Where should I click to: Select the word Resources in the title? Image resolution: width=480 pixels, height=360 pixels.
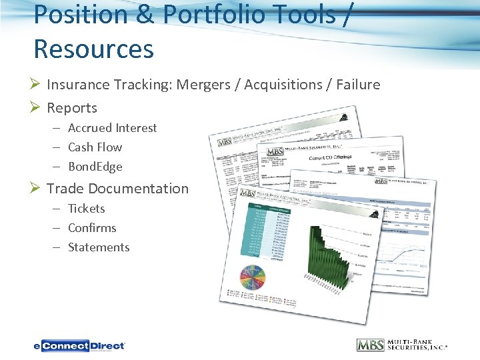click(x=93, y=49)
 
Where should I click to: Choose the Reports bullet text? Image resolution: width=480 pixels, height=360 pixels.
click(x=72, y=108)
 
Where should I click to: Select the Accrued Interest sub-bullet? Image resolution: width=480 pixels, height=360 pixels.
click(x=112, y=128)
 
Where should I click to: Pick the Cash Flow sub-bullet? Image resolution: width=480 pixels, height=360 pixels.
click(x=95, y=147)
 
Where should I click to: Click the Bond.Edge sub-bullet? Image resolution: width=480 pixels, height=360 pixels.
click(x=95, y=167)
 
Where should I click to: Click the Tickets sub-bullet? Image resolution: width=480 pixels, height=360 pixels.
click(x=86, y=209)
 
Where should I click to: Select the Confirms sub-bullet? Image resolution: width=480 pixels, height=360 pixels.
click(x=92, y=228)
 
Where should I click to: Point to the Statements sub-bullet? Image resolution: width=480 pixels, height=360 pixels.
click(x=99, y=247)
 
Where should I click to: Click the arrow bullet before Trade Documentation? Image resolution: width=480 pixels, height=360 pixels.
click(x=37, y=189)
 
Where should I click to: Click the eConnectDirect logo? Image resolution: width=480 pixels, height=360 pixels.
click(x=79, y=345)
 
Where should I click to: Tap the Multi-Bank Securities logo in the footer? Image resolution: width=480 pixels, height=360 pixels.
click(x=402, y=345)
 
